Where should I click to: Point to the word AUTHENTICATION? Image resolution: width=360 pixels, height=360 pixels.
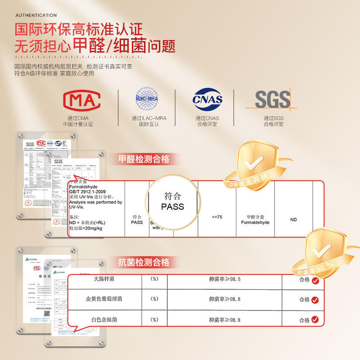coord(36,15)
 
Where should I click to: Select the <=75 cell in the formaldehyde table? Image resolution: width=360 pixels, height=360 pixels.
coord(216,217)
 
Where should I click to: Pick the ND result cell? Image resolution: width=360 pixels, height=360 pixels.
coord(293,220)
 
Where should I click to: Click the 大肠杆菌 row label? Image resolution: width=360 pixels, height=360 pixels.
coord(103,279)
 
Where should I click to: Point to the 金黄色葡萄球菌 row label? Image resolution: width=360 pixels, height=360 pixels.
coord(103,299)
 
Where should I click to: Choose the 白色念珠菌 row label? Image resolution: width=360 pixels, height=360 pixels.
coord(103,319)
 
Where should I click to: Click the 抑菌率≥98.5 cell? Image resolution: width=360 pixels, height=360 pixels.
coord(225,279)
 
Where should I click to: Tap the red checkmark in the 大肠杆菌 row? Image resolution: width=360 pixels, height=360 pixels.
coord(315,281)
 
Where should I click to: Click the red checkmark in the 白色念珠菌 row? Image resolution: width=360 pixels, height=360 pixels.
coord(315,320)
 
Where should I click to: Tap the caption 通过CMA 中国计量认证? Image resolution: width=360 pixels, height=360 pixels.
coord(81,121)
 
